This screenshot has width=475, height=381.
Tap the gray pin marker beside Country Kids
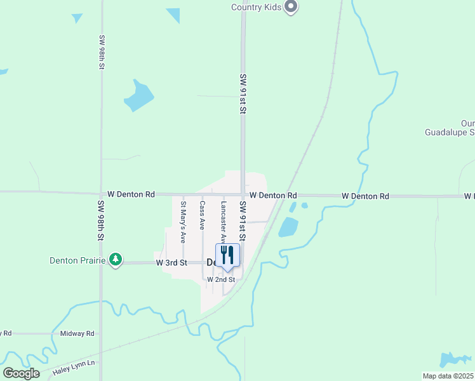click(291, 7)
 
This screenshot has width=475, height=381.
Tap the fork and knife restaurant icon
click(227, 255)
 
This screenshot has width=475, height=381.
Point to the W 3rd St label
click(171, 262)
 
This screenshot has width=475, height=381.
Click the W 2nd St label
click(221, 279)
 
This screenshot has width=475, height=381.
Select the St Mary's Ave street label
click(183, 222)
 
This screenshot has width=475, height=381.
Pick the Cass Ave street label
click(202, 215)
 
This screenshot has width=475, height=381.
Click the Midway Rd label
click(77, 333)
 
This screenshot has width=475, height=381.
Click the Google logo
click(21, 373)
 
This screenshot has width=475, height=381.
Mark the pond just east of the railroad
click(288, 227)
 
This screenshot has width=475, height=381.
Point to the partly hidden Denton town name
click(212, 262)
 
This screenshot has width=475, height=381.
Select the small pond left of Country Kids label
click(173, 15)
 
